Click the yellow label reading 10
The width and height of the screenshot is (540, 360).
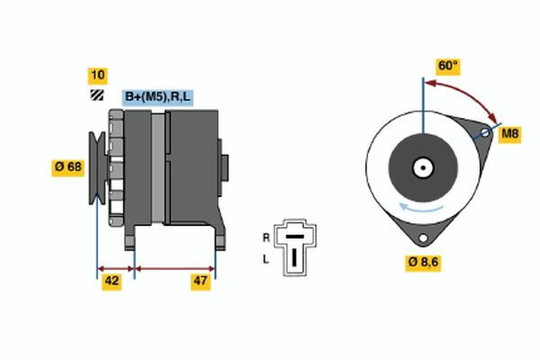(x=98, y=76)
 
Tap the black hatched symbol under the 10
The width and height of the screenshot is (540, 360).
(x=97, y=95)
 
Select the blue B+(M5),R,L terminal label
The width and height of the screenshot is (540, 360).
(x=157, y=97)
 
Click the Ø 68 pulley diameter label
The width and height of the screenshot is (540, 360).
(x=67, y=167)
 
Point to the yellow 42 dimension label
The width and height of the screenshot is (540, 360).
(x=112, y=282)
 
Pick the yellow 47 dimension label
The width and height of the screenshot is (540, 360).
(x=201, y=282)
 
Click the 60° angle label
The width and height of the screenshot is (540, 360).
(x=448, y=66)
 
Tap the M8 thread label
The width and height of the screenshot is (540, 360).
(x=509, y=134)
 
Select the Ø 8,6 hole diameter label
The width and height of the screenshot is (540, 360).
(x=423, y=263)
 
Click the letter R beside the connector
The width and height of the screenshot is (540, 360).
(x=266, y=238)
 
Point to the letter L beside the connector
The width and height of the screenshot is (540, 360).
(x=265, y=259)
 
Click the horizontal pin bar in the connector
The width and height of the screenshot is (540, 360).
(x=295, y=237)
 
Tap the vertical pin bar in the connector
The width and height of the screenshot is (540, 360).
(x=294, y=257)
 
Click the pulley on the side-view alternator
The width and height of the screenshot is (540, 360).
(x=97, y=168)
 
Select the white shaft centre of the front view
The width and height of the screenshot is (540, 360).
(x=423, y=168)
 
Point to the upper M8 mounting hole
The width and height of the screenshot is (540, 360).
(x=485, y=132)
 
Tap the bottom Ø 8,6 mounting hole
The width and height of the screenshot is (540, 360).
(x=423, y=238)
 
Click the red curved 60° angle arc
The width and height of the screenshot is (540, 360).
(x=467, y=94)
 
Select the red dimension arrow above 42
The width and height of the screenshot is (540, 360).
(x=116, y=269)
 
